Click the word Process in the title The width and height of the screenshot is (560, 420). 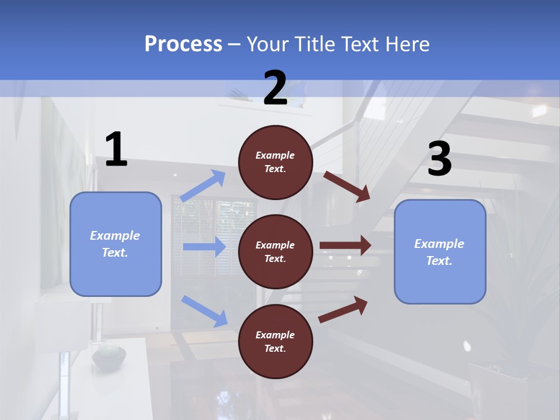tap(183, 44)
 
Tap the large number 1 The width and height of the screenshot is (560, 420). tap(116, 150)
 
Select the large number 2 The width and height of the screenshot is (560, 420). tap(275, 87)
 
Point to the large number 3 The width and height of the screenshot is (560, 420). tap(439, 159)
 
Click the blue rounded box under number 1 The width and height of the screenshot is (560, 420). tap(116, 244)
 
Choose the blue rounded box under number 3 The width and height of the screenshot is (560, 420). tap(440, 251)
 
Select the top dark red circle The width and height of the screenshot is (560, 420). tap(275, 162)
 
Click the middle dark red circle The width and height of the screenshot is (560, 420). tap(275, 251)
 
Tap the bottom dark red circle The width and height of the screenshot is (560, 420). tap(275, 341)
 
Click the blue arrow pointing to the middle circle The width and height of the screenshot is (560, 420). tap(204, 247)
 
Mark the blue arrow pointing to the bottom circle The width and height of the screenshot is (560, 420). tap(204, 310)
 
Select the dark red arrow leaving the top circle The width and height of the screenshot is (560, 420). tap(347, 186)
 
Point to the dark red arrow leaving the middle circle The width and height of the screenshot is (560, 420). tap(345, 246)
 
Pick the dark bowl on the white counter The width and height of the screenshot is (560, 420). tap(108, 356)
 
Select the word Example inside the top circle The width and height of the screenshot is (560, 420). tap(275, 155)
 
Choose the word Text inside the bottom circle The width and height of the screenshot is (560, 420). tap(274, 348)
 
